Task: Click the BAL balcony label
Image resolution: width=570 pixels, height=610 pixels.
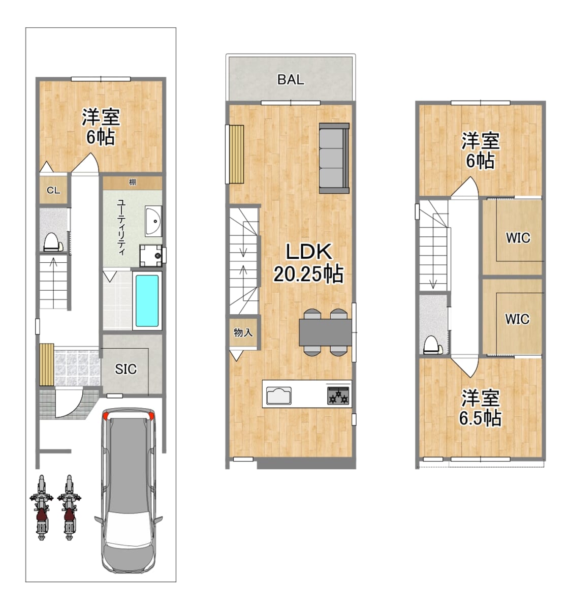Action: (x=290, y=79)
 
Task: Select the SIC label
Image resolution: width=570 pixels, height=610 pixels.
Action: (x=125, y=369)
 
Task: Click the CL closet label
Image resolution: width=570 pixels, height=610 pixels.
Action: (x=53, y=191)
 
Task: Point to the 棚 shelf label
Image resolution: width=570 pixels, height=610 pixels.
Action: (x=132, y=182)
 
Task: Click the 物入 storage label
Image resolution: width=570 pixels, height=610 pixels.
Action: (x=243, y=332)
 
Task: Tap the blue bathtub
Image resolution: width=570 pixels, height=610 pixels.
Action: (x=147, y=301)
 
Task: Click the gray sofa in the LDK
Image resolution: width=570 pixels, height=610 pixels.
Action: (x=334, y=158)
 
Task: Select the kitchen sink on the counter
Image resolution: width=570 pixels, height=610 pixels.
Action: (x=279, y=395)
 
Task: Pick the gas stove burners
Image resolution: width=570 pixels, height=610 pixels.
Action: (x=338, y=395)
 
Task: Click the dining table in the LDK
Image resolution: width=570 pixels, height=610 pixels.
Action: (x=326, y=332)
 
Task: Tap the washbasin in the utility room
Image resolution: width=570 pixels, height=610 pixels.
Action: (x=153, y=221)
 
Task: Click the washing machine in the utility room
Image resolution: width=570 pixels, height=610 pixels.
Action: (x=151, y=255)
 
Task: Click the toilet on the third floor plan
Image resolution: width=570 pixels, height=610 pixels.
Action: (x=433, y=345)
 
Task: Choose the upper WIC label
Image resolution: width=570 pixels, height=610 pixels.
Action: (x=518, y=238)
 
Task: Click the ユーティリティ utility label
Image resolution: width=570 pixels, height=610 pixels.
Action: (x=121, y=227)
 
